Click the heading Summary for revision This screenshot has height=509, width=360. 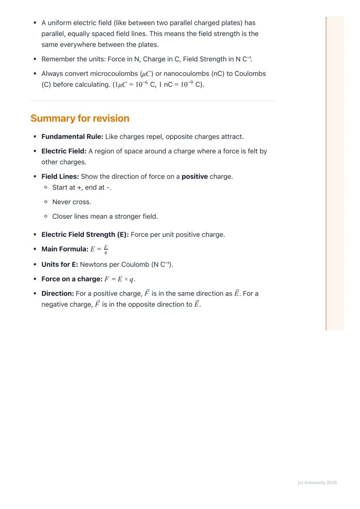point(80,118)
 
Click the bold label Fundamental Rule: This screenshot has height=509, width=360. point(72,136)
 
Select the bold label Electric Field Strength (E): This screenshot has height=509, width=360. point(85,235)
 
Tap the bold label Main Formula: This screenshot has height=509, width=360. point(65,249)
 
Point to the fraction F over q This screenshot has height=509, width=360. point(106,250)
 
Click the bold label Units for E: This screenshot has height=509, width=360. point(60,264)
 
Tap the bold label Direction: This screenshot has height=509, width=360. point(57,293)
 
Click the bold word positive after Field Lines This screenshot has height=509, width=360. point(194,176)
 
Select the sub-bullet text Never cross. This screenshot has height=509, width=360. point(72,202)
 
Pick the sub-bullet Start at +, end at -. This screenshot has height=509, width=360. point(82,187)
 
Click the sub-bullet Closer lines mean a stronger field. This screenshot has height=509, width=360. point(105,216)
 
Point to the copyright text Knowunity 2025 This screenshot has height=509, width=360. point(317,482)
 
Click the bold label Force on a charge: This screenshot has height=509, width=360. point(72,279)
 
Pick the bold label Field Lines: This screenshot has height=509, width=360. point(60,176)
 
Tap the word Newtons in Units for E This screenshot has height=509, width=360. point(93,264)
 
